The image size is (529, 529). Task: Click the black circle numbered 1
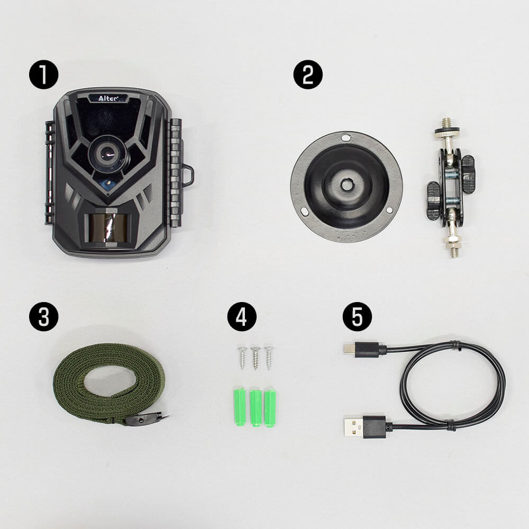[x=43, y=75]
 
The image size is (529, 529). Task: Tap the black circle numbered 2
[x=308, y=75]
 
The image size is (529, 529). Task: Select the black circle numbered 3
[x=43, y=316]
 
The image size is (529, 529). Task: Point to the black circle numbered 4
[x=242, y=316]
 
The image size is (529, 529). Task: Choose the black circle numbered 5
[x=357, y=316]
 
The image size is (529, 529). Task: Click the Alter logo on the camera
[x=108, y=98]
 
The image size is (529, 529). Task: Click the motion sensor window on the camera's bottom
[x=105, y=227]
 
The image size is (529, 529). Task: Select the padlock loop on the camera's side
[x=188, y=175]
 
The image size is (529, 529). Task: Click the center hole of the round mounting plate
[x=345, y=184]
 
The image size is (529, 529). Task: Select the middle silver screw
[x=256, y=358]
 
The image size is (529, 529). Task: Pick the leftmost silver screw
[x=243, y=357]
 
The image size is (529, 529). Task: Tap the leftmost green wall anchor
[x=240, y=406]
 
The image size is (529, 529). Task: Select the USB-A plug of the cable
[x=364, y=426]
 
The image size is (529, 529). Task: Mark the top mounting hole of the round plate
[x=345, y=138]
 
